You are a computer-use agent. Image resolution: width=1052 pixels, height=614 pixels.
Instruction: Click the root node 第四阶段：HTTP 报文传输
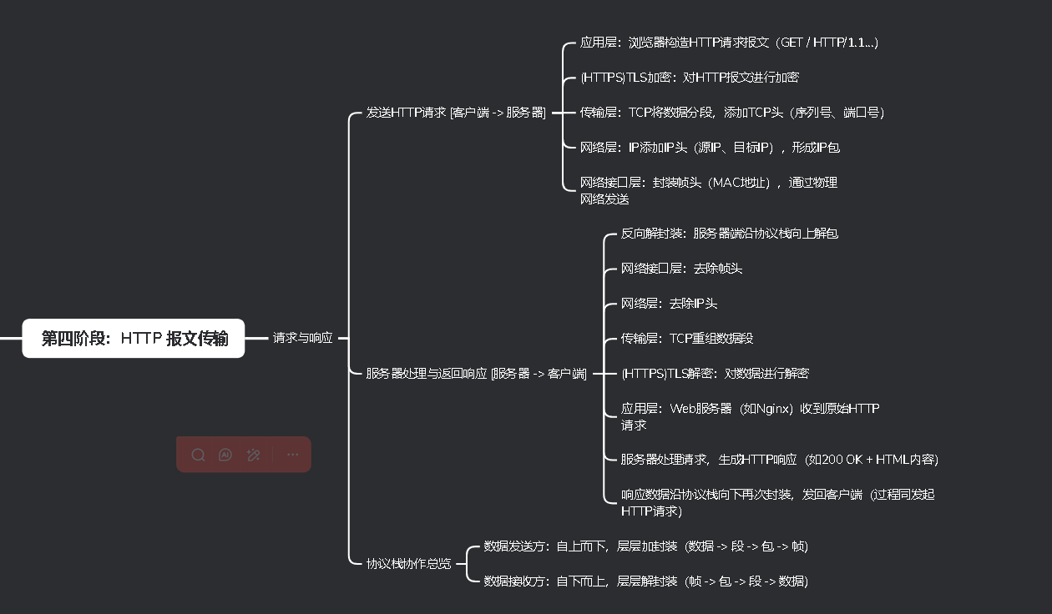(134, 339)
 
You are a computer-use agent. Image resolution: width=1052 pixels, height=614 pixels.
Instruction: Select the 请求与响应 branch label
(302, 339)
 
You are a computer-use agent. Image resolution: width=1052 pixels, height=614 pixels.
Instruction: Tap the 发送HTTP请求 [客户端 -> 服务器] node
(456, 113)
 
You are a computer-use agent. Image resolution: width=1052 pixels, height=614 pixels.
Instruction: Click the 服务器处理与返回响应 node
(476, 374)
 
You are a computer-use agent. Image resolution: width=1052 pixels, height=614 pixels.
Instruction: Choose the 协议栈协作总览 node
(408, 564)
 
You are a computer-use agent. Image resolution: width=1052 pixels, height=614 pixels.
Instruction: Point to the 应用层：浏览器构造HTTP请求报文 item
(728, 43)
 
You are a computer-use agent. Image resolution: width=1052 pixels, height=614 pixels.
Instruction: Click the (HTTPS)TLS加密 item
(689, 78)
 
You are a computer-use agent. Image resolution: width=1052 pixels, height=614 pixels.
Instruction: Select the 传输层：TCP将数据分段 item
(731, 113)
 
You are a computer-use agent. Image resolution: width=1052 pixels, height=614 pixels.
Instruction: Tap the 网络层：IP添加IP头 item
(710, 148)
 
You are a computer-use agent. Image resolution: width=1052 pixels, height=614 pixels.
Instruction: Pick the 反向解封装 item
(729, 234)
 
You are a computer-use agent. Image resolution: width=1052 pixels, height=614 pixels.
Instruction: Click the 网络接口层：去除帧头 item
(681, 269)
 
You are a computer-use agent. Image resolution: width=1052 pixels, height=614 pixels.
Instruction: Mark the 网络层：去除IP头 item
(669, 304)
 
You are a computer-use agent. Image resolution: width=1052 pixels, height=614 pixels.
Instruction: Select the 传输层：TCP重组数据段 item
(687, 339)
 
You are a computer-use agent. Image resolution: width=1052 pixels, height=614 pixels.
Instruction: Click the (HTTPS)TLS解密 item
(715, 374)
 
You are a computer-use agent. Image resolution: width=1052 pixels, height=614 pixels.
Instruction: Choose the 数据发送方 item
(645, 547)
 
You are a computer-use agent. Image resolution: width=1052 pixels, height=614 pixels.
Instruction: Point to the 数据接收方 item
(645, 581)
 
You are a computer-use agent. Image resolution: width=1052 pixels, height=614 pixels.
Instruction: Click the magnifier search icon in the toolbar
(198, 455)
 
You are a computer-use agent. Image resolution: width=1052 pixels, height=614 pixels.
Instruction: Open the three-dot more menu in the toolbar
(292, 455)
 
